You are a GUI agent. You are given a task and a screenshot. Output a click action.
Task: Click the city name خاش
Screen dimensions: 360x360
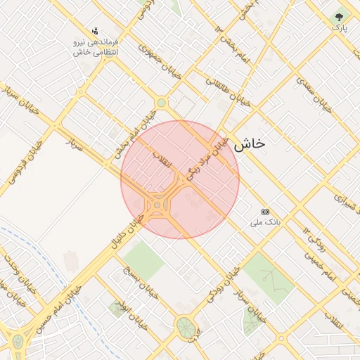pyautogui.click(x=250, y=143)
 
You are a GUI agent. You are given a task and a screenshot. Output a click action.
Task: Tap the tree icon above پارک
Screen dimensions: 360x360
pyautogui.click(x=340, y=15)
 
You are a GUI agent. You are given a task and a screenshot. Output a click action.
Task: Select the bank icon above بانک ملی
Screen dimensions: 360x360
pyautogui.click(x=265, y=211)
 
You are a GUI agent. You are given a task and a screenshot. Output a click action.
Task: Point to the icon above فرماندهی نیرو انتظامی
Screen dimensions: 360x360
pyautogui.click(x=95, y=31)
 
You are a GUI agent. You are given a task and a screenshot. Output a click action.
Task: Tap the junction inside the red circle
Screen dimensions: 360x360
pyautogui.click(x=159, y=205)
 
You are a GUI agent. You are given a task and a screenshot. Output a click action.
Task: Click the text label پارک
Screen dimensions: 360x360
pyautogui.click(x=340, y=28)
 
